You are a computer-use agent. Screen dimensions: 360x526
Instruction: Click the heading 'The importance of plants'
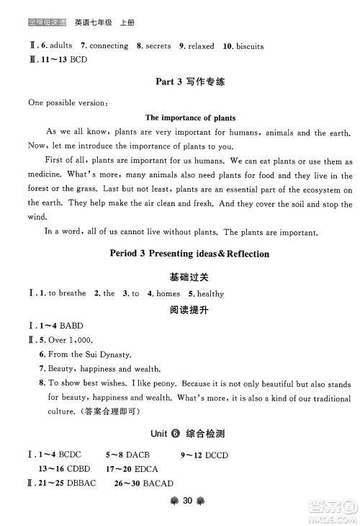tap(190, 117)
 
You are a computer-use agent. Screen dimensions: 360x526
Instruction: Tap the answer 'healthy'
tap(210, 293)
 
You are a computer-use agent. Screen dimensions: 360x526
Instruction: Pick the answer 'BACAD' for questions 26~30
tap(153, 482)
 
